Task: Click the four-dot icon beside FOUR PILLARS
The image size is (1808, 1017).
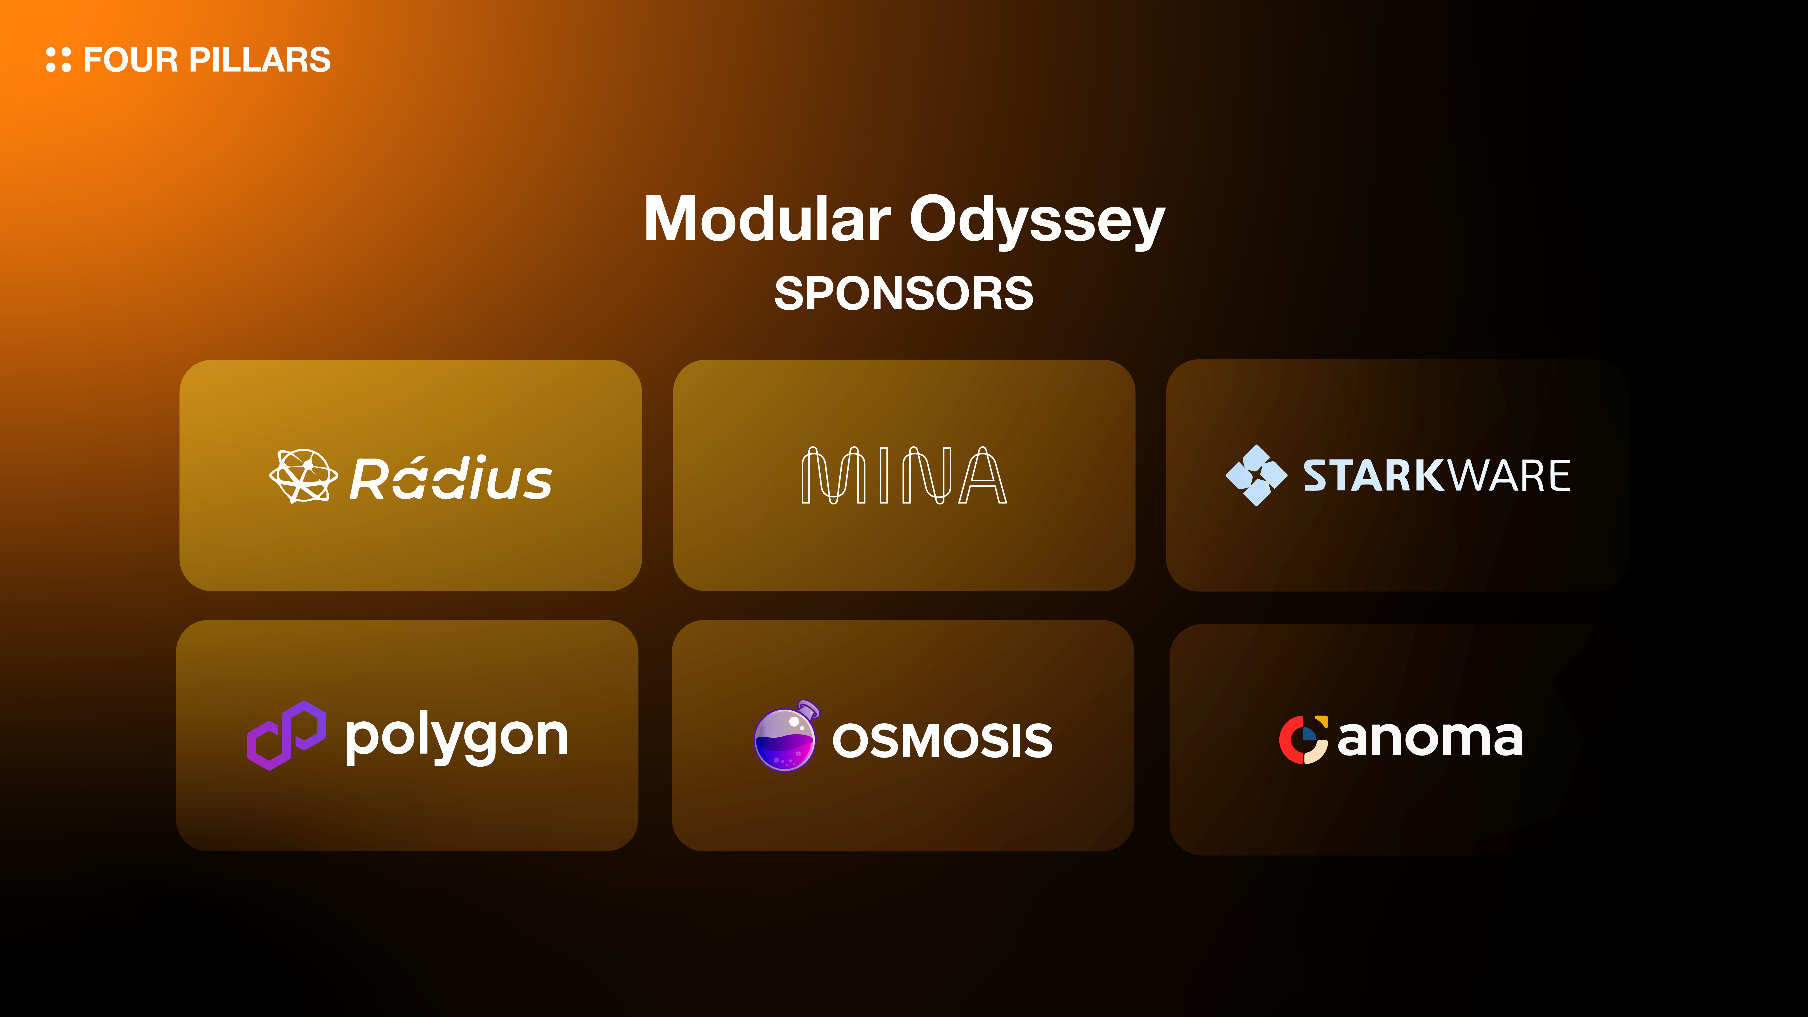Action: [58, 60]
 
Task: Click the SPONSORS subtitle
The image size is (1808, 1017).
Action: [904, 293]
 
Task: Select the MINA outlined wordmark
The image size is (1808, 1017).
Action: [904, 475]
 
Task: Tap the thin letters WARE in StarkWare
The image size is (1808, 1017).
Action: [1508, 476]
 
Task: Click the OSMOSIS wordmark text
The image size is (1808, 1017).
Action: [942, 740]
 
